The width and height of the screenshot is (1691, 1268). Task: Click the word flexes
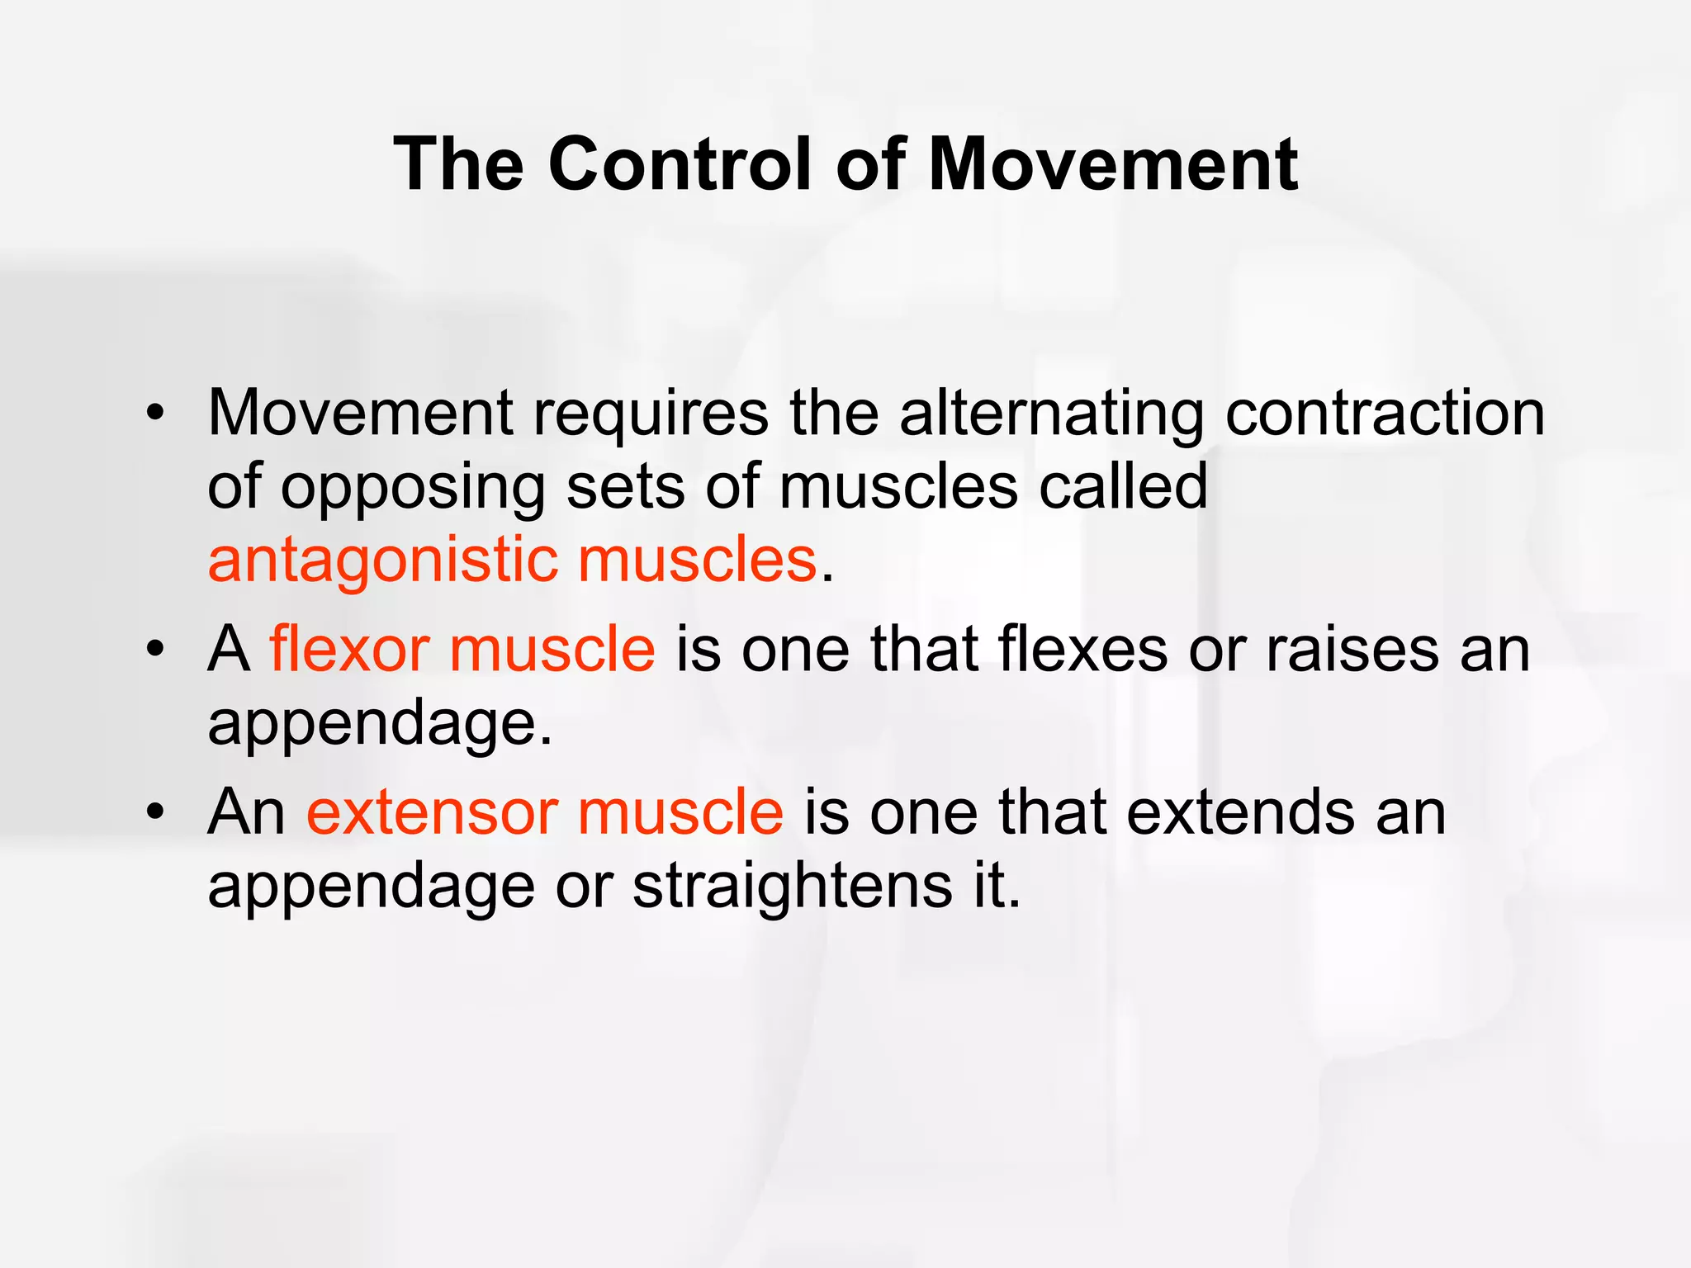(1083, 649)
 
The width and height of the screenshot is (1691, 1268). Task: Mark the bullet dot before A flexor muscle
(155, 650)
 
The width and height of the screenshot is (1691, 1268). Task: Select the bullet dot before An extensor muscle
(155, 812)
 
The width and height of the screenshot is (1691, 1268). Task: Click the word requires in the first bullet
(651, 415)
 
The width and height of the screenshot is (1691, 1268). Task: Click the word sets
(625, 487)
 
